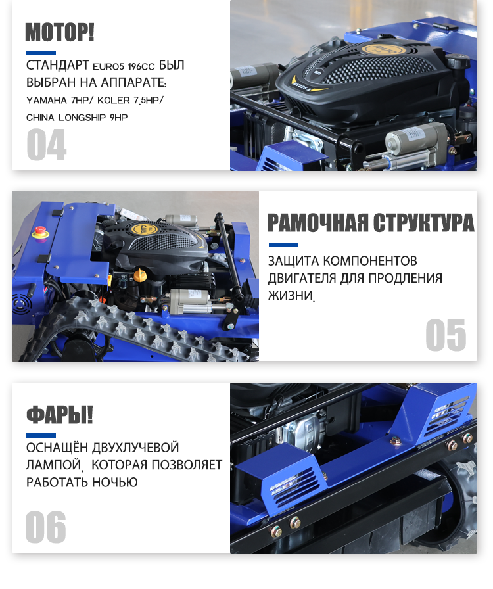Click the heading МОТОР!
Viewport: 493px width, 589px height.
[59, 32]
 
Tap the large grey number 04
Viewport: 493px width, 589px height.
[47, 145]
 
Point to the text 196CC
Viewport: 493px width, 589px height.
[141, 67]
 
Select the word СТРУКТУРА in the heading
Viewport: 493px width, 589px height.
[424, 223]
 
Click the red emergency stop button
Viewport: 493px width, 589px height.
[39, 231]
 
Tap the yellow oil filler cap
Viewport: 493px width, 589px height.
[139, 275]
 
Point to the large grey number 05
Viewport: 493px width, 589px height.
[446, 335]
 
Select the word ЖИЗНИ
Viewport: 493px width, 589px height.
[290, 296]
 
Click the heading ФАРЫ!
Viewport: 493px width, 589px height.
[59, 415]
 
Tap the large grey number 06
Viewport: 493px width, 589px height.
[46, 527]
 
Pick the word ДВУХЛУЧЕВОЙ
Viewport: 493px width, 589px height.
[135, 448]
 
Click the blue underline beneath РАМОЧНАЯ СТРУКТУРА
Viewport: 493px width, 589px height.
[283, 245]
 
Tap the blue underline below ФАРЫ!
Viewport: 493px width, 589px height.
[41, 435]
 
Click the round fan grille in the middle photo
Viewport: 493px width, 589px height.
[20, 304]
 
